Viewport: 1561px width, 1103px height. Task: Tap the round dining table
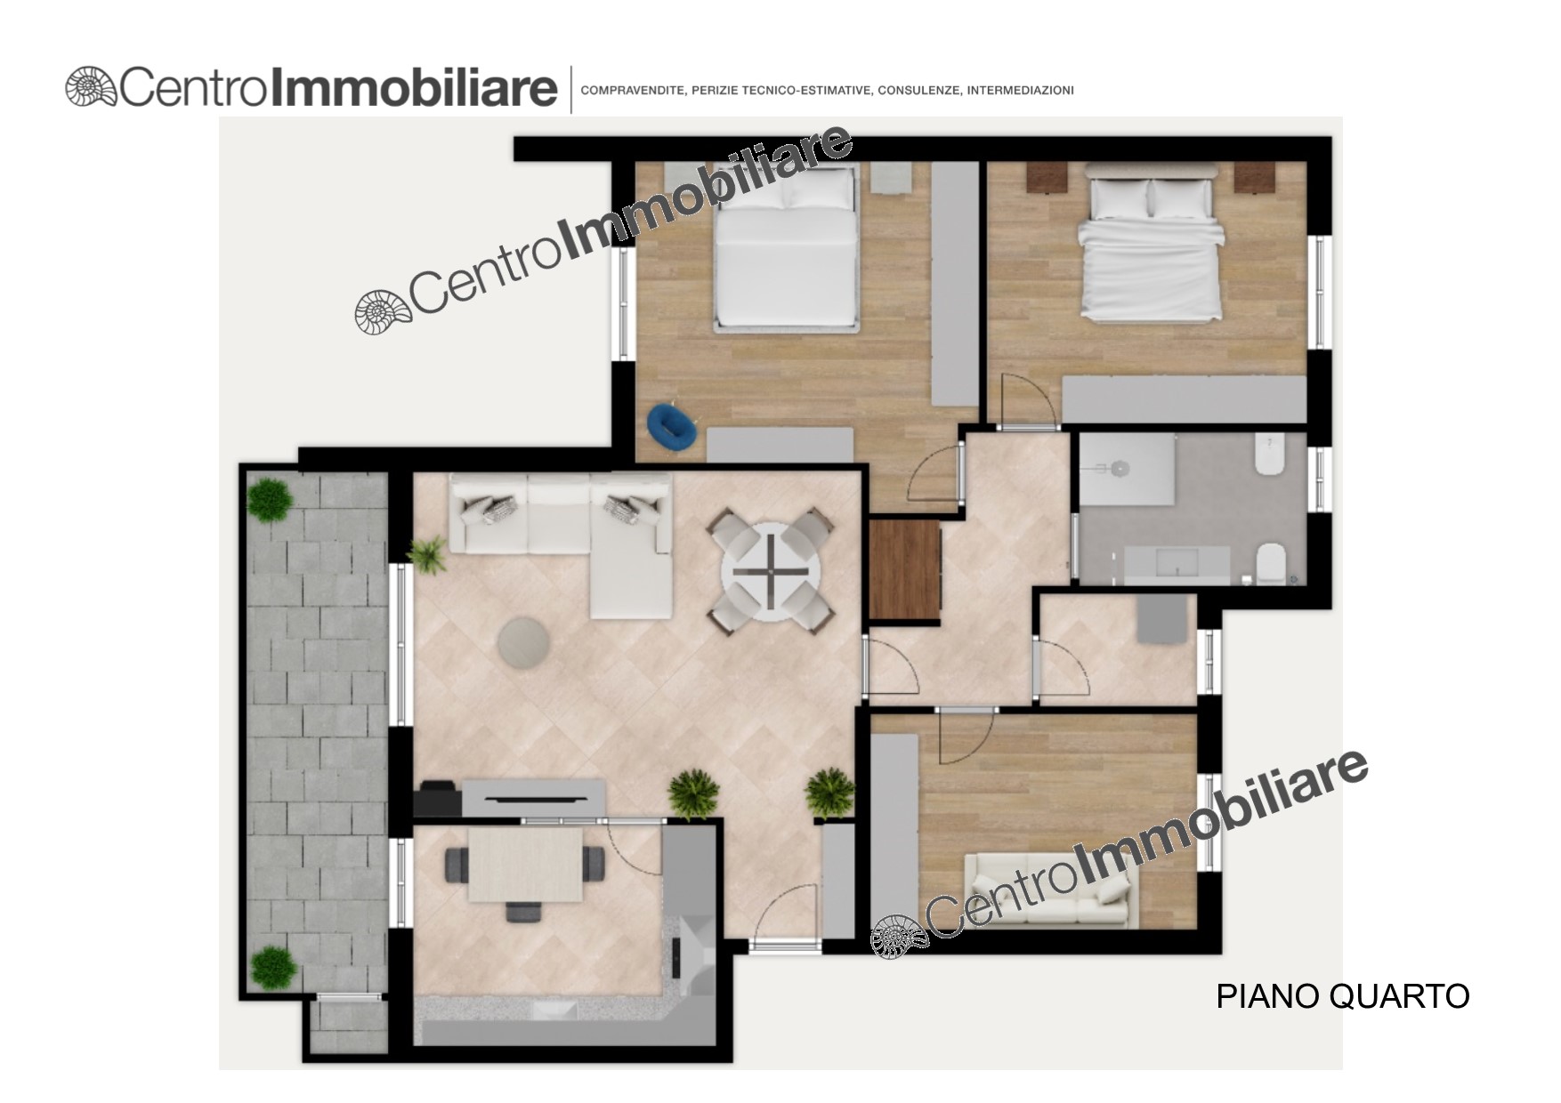(771, 569)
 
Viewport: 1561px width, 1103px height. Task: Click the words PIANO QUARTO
(1342, 996)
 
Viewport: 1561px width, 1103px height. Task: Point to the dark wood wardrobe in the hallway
(904, 569)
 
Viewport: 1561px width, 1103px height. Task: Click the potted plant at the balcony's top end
(269, 500)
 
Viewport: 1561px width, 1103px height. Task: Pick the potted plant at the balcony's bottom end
(272, 968)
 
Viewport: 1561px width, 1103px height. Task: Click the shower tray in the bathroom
(1127, 470)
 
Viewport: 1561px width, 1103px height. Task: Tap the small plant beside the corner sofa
(429, 553)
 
